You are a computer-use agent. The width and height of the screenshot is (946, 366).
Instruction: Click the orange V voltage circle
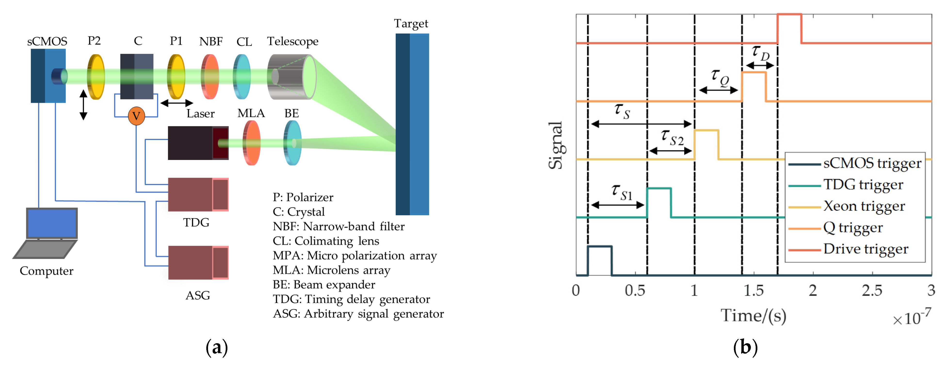coord(136,116)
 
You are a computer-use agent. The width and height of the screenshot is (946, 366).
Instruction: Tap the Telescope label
coord(292,41)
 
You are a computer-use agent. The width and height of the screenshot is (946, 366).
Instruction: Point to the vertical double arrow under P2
coord(83,105)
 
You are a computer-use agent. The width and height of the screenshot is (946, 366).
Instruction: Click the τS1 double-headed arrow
coord(618,205)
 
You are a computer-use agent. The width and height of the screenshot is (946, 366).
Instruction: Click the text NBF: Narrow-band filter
coord(338,226)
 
